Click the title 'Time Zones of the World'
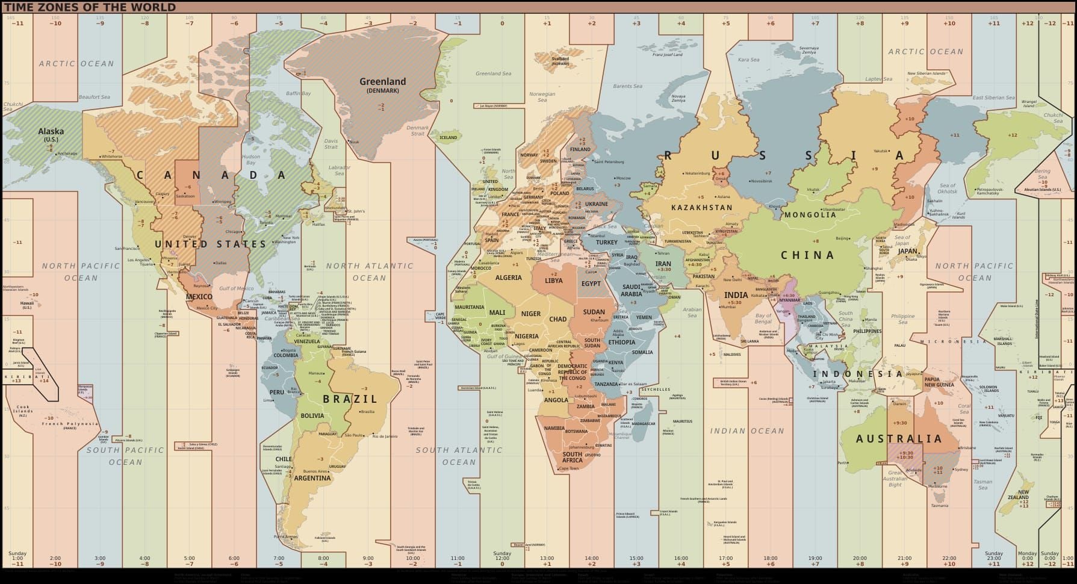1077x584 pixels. click(x=90, y=7)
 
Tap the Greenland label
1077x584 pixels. click(x=383, y=82)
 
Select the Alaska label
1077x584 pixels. click(x=51, y=131)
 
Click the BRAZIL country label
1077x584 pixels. click(x=350, y=399)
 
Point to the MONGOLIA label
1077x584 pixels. click(x=810, y=215)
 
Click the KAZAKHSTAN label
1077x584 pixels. click(x=701, y=208)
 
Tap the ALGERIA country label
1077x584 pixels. click(x=509, y=278)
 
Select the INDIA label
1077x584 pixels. click(x=736, y=295)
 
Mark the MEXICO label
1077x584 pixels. click(x=199, y=297)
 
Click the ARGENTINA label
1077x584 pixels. click(x=312, y=478)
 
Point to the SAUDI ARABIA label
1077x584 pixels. click(x=632, y=291)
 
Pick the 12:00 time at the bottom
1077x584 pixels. click(x=502, y=558)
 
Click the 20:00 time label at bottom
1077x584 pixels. click(x=860, y=558)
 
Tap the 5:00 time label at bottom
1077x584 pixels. click(x=190, y=558)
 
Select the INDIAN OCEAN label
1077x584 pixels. click(x=747, y=431)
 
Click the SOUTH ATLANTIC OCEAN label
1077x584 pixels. click(x=459, y=456)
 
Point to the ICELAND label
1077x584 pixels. click(x=448, y=137)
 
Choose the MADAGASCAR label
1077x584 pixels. click(x=644, y=424)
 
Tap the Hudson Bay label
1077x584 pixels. click(x=250, y=160)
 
